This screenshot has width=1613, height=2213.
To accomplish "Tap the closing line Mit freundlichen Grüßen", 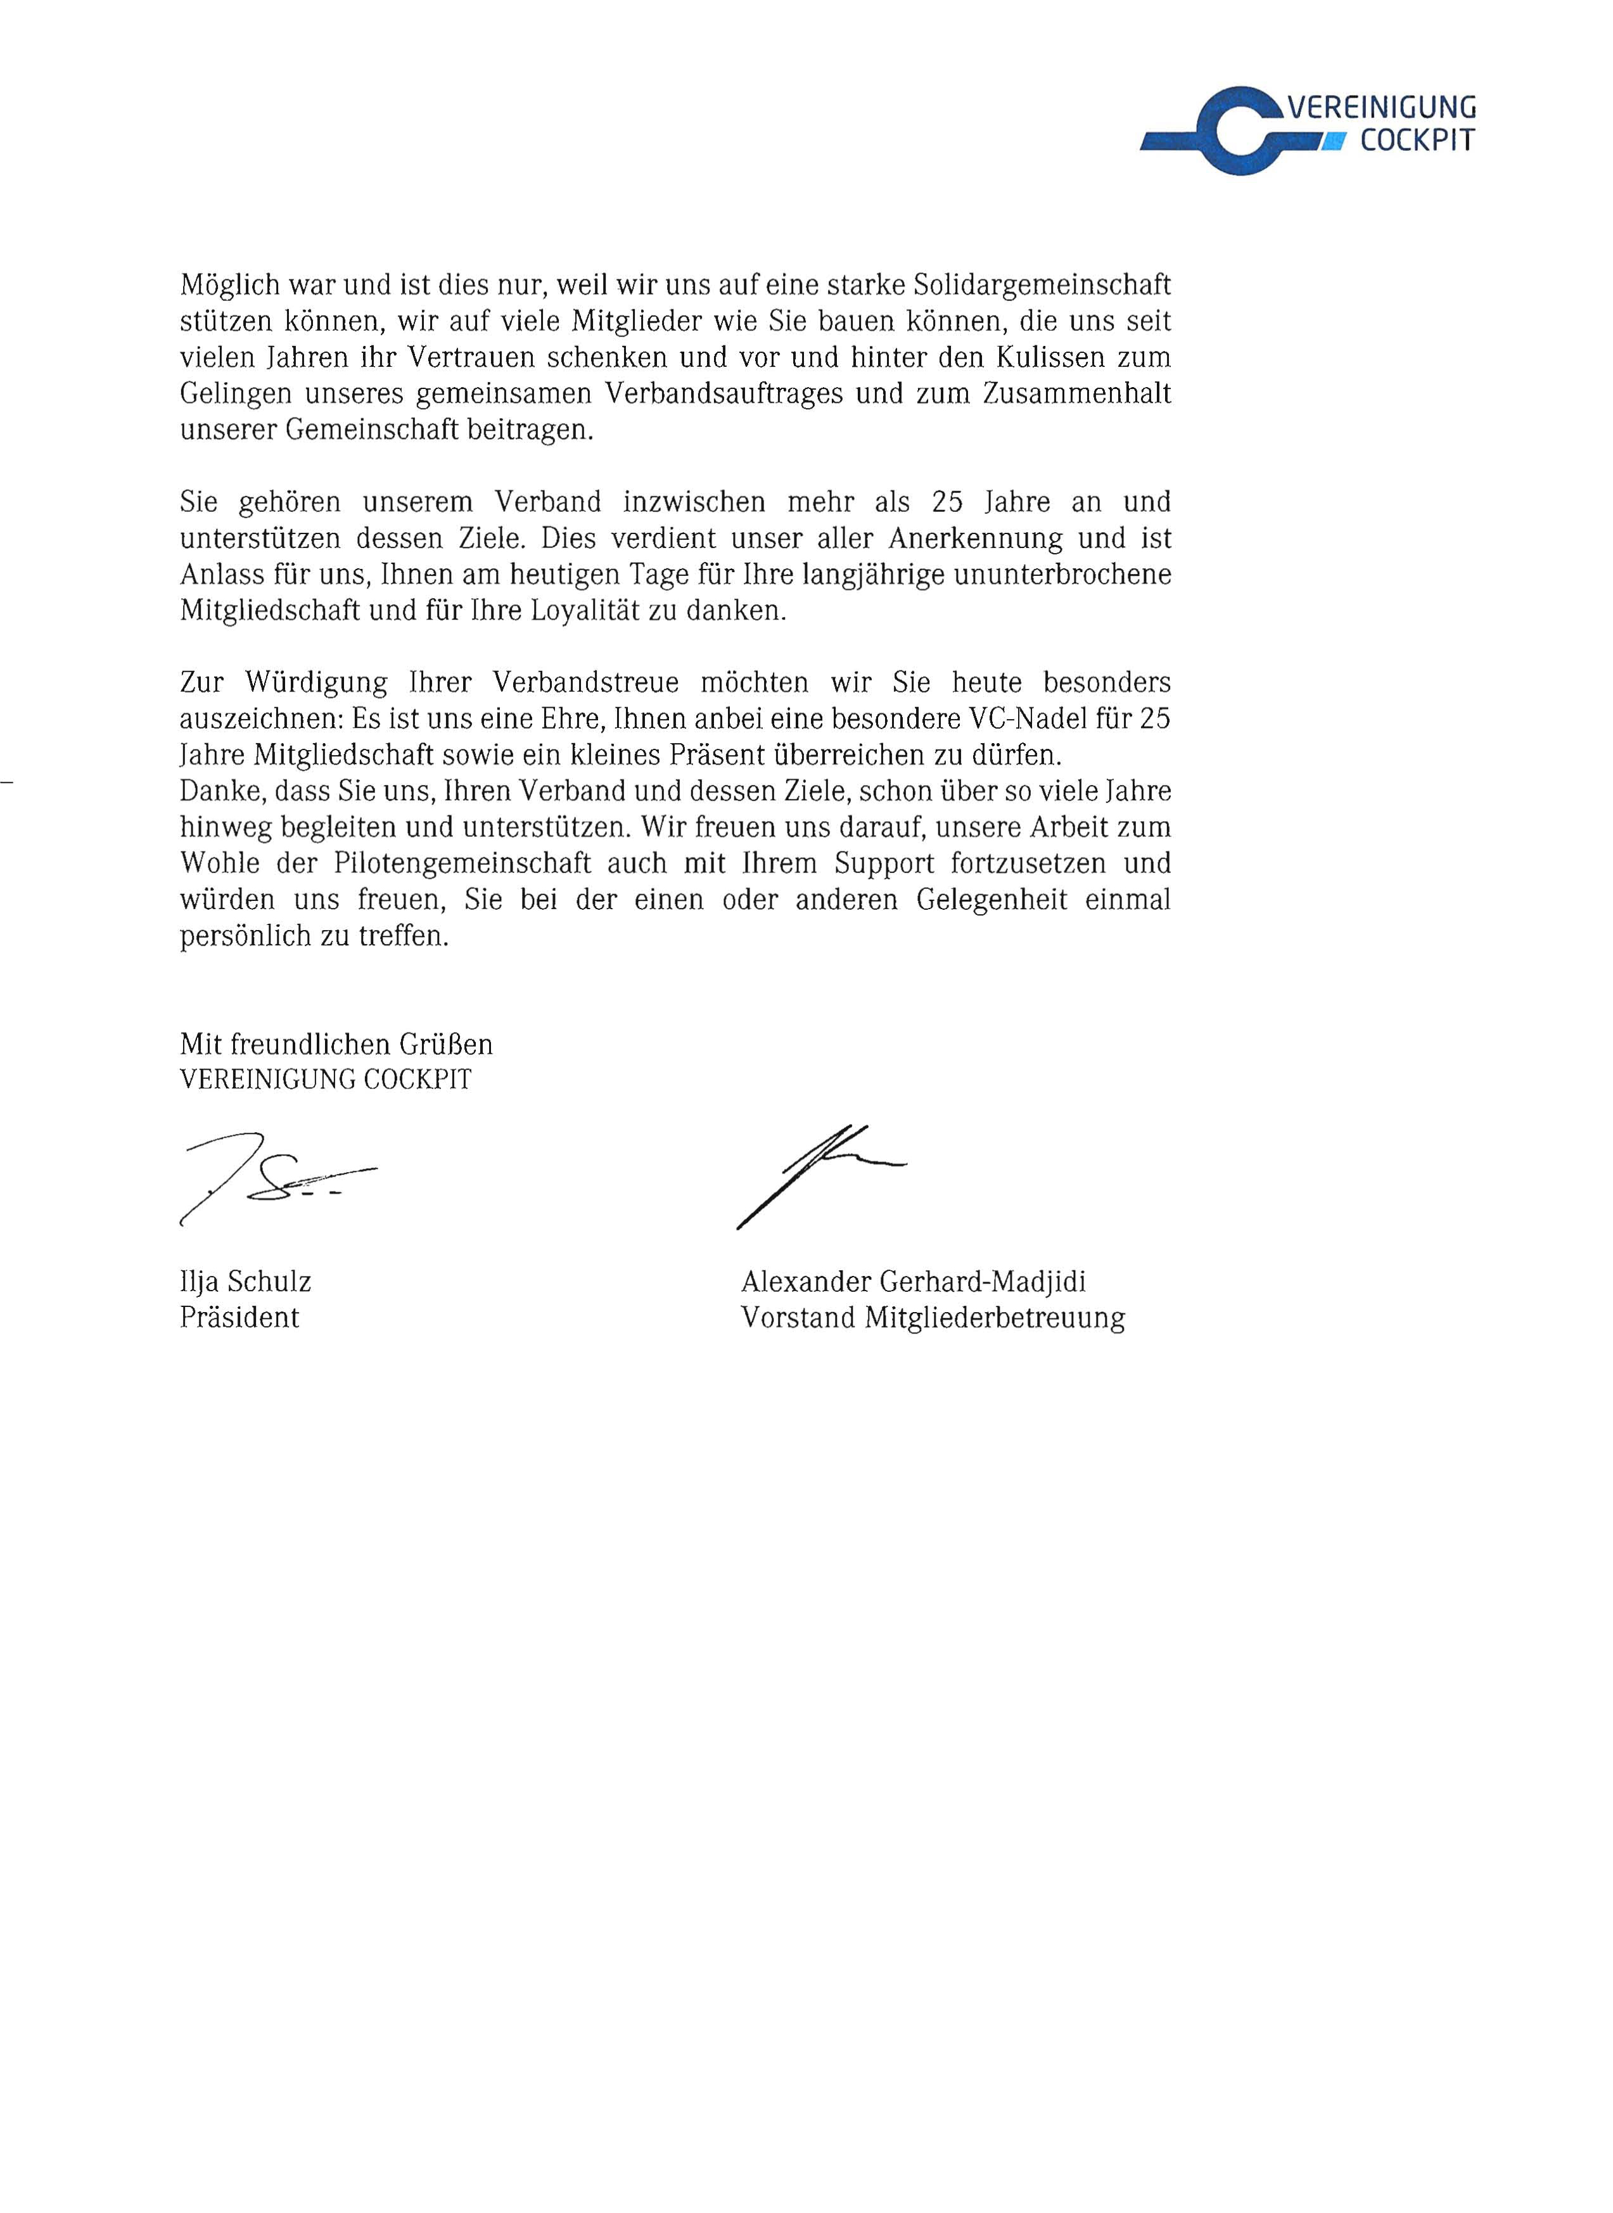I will tap(336, 1045).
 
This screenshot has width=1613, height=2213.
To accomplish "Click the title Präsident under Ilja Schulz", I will tap(239, 1318).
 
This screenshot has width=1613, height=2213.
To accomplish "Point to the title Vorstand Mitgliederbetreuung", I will tap(933, 1318).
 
